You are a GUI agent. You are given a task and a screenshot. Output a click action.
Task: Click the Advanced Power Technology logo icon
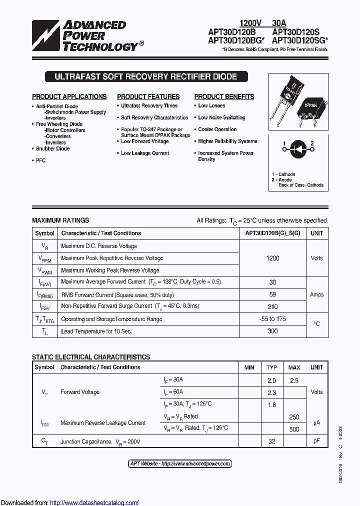click(46, 36)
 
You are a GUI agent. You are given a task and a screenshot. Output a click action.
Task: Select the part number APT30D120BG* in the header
click(236, 41)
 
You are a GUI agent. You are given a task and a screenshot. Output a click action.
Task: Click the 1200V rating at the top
click(250, 23)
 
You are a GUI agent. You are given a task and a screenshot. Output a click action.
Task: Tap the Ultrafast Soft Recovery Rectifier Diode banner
click(145, 77)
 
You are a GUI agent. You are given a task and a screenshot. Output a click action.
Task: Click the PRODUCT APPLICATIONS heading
click(69, 96)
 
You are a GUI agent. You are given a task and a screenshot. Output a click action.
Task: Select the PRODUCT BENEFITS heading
click(224, 96)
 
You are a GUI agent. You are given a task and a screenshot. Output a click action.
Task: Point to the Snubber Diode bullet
click(52, 148)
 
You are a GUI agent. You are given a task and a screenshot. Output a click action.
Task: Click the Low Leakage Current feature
click(144, 153)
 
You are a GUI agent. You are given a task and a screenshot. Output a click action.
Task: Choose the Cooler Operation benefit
click(217, 129)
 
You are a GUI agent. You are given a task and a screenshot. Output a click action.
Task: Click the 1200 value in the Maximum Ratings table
click(272, 258)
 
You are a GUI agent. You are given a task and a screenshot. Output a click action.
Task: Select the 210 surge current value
click(272, 306)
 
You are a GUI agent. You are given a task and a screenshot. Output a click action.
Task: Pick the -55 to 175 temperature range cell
click(272, 319)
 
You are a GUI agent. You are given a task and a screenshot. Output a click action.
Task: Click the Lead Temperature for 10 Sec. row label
click(96, 331)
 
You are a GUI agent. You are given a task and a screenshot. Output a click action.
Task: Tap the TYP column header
click(271, 367)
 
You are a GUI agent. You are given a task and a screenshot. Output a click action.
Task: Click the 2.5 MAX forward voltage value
click(294, 380)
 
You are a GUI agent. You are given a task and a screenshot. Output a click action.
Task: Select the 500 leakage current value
click(294, 429)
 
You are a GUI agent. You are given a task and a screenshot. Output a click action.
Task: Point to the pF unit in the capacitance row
click(316, 441)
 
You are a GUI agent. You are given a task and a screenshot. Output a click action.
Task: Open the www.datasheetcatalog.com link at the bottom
click(94, 502)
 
